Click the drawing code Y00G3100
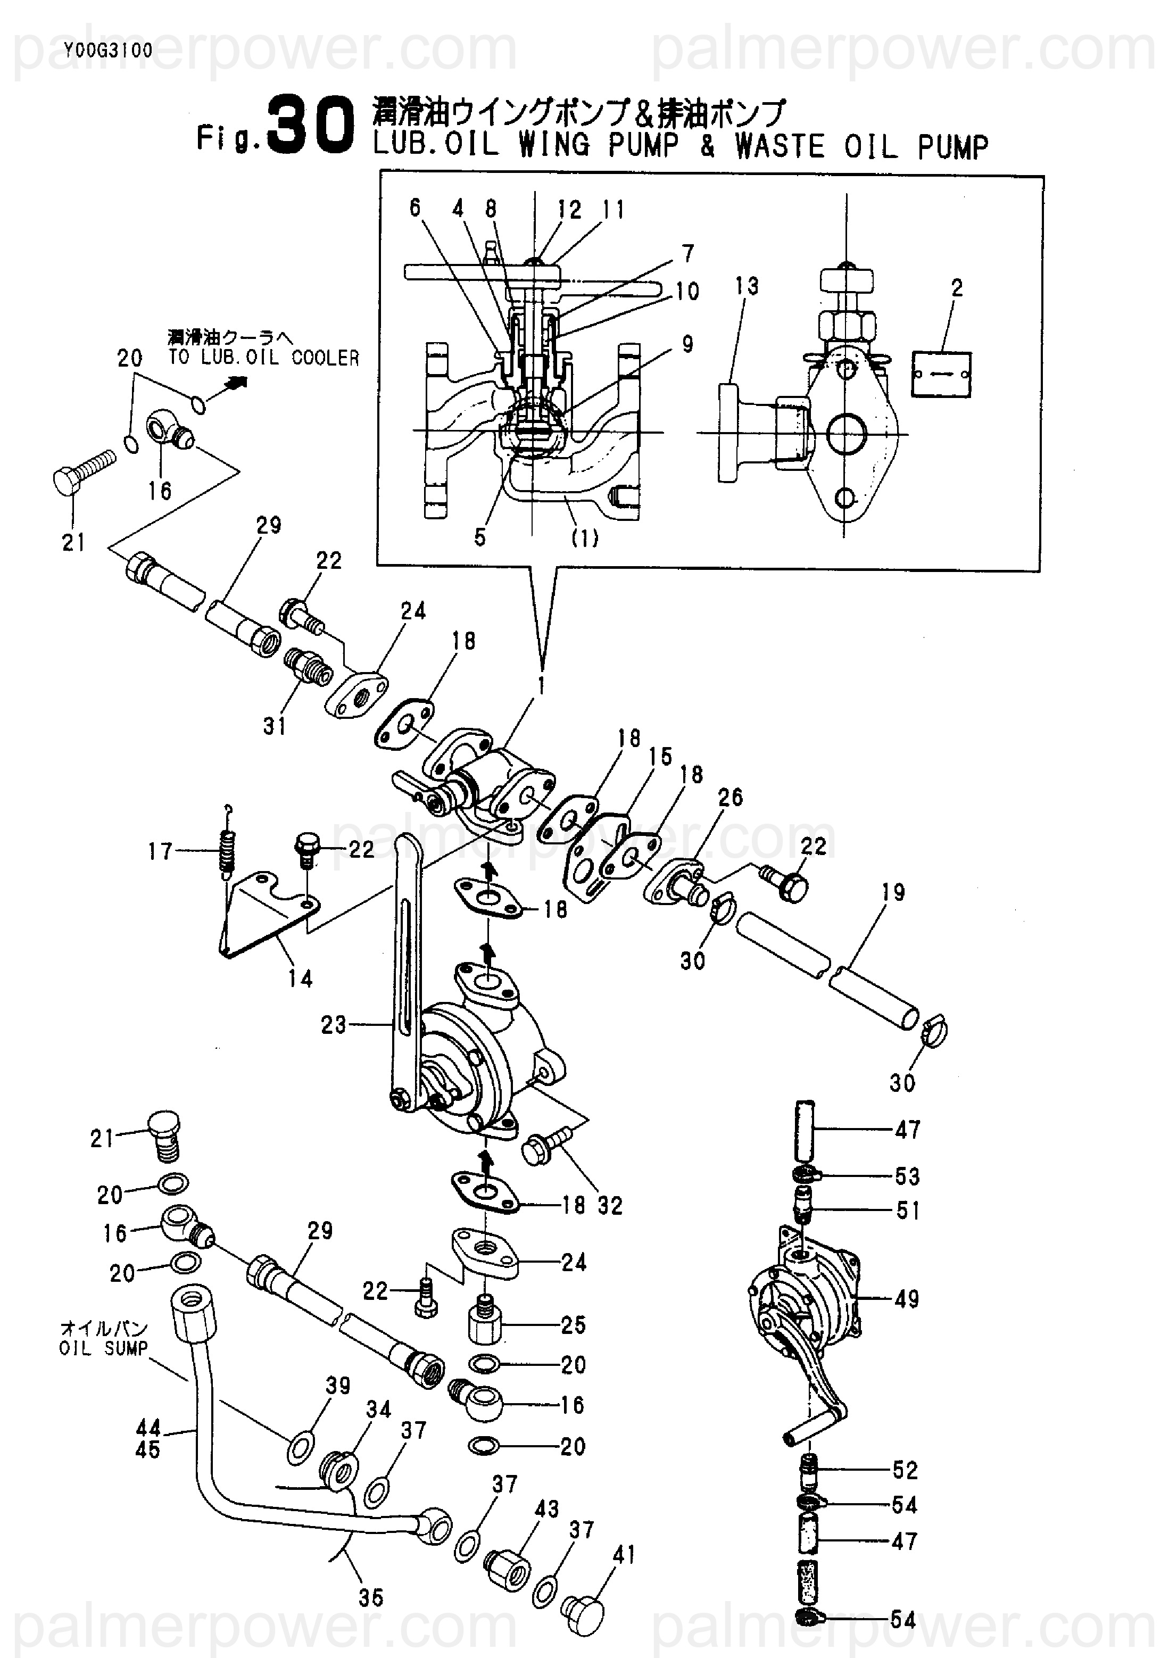[109, 51]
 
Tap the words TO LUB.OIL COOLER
[263, 358]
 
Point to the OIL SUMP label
[104, 1348]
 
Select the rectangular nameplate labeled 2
[941, 374]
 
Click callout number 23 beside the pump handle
[334, 1025]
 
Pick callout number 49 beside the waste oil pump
[906, 1300]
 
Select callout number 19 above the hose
[893, 892]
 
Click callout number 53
[908, 1176]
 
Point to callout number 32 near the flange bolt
[610, 1206]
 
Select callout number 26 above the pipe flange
[730, 797]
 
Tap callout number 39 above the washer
[337, 1386]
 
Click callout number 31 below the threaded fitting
[275, 726]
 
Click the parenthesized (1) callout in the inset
[584, 537]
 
